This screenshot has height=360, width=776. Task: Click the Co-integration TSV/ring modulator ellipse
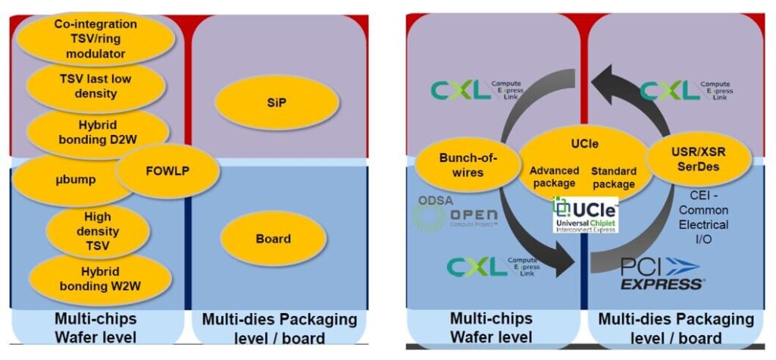coord(89,39)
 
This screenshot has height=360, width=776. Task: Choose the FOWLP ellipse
coord(167,171)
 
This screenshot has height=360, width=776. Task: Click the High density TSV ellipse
coord(97,231)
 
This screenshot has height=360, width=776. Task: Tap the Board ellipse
coord(273,239)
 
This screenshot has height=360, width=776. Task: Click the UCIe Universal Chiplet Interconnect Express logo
coord(586,215)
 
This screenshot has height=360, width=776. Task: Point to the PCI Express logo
coord(661,274)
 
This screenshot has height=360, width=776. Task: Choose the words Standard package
coord(613,177)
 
